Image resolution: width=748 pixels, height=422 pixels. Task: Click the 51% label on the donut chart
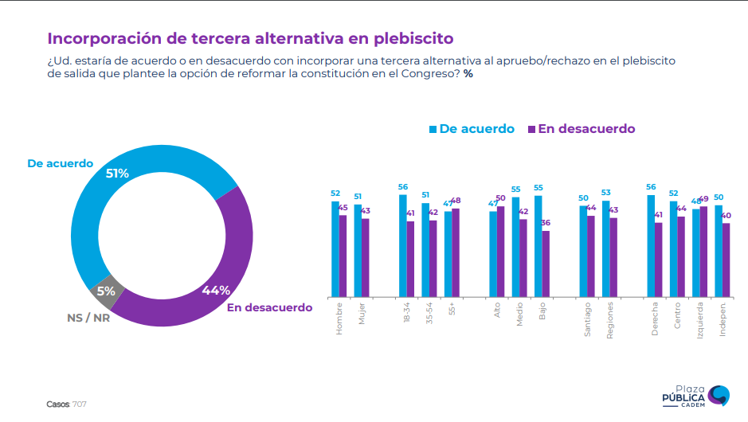116,173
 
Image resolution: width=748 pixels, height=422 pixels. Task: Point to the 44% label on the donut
216,291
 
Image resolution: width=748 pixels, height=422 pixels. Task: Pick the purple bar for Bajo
546,264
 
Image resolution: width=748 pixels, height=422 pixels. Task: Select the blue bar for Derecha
651,245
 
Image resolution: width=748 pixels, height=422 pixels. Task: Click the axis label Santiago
588,319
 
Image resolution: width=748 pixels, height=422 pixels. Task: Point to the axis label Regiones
610,321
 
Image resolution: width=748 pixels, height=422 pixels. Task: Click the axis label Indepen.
723,319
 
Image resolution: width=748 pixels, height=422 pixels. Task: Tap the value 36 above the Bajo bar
546,224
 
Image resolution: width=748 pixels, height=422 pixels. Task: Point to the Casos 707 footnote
66,404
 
